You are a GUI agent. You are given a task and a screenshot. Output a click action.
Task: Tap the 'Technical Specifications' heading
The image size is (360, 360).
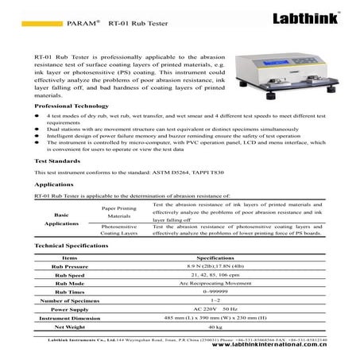74,269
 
